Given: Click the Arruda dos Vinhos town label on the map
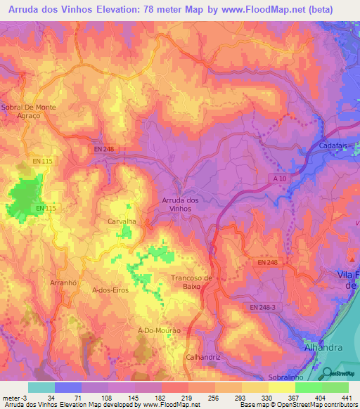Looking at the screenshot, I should pyautogui.click(x=180, y=204).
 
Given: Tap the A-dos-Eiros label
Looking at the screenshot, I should pyautogui.click(x=111, y=290).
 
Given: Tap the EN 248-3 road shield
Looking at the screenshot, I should pyautogui.click(x=263, y=307).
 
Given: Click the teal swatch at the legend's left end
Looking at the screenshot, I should pyautogui.click(x=41, y=387).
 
